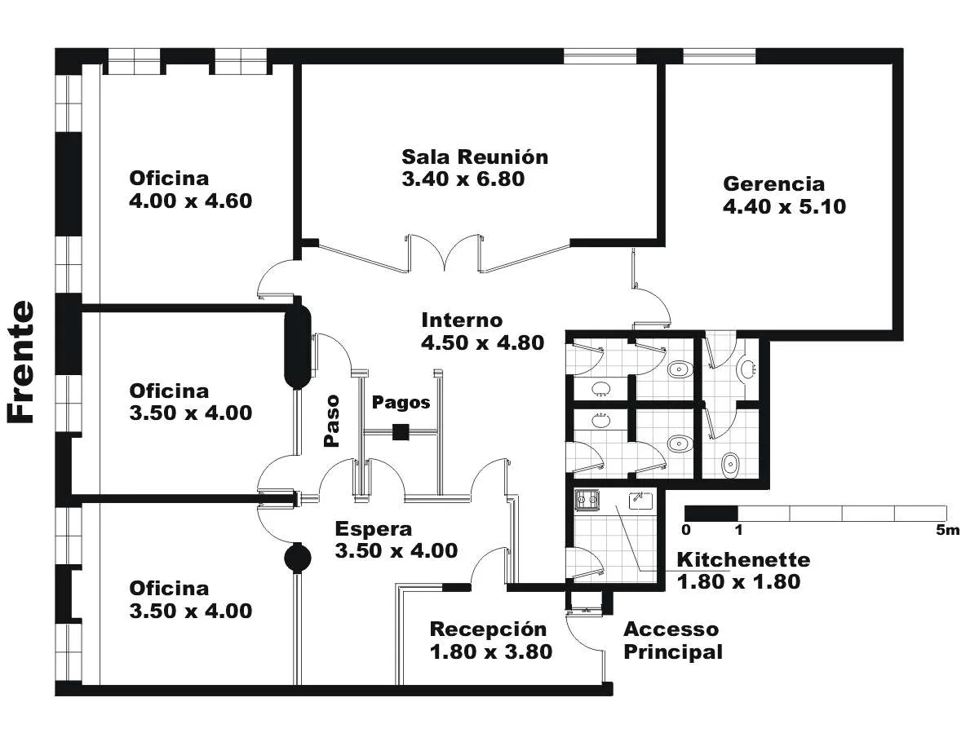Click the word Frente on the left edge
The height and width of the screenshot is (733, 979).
click(x=20, y=362)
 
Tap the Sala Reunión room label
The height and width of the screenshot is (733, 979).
click(x=475, y=157)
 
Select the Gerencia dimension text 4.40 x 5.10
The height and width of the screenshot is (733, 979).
click(x=784, y=207)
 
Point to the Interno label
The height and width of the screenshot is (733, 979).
click(x=462, y=320)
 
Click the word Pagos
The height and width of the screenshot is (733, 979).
click(x=401, y=402)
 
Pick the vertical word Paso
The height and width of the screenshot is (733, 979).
click(x=331, y=420)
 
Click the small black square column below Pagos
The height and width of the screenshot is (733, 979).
click(x=400, y=432)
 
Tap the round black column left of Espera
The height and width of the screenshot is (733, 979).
click(x=298, y=558)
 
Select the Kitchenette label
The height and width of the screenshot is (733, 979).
click(x=743, y=560)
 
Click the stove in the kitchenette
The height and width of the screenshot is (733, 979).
click(x=587, y=500)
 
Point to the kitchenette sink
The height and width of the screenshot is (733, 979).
click(x=641, y=501)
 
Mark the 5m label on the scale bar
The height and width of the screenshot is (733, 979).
click(x=948, y=530)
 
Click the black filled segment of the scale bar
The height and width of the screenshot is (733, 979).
click(x=711, y=514)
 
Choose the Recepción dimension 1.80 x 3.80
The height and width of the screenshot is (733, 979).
click(x=491, y=652)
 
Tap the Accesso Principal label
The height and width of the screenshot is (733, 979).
click(x=672, y=641)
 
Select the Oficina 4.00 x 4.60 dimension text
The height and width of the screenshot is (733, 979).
click(x=190, y=201)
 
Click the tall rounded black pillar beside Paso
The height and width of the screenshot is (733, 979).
click(x=298, y=346)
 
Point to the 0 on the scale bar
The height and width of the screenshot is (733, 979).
click(x=686, y=530)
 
